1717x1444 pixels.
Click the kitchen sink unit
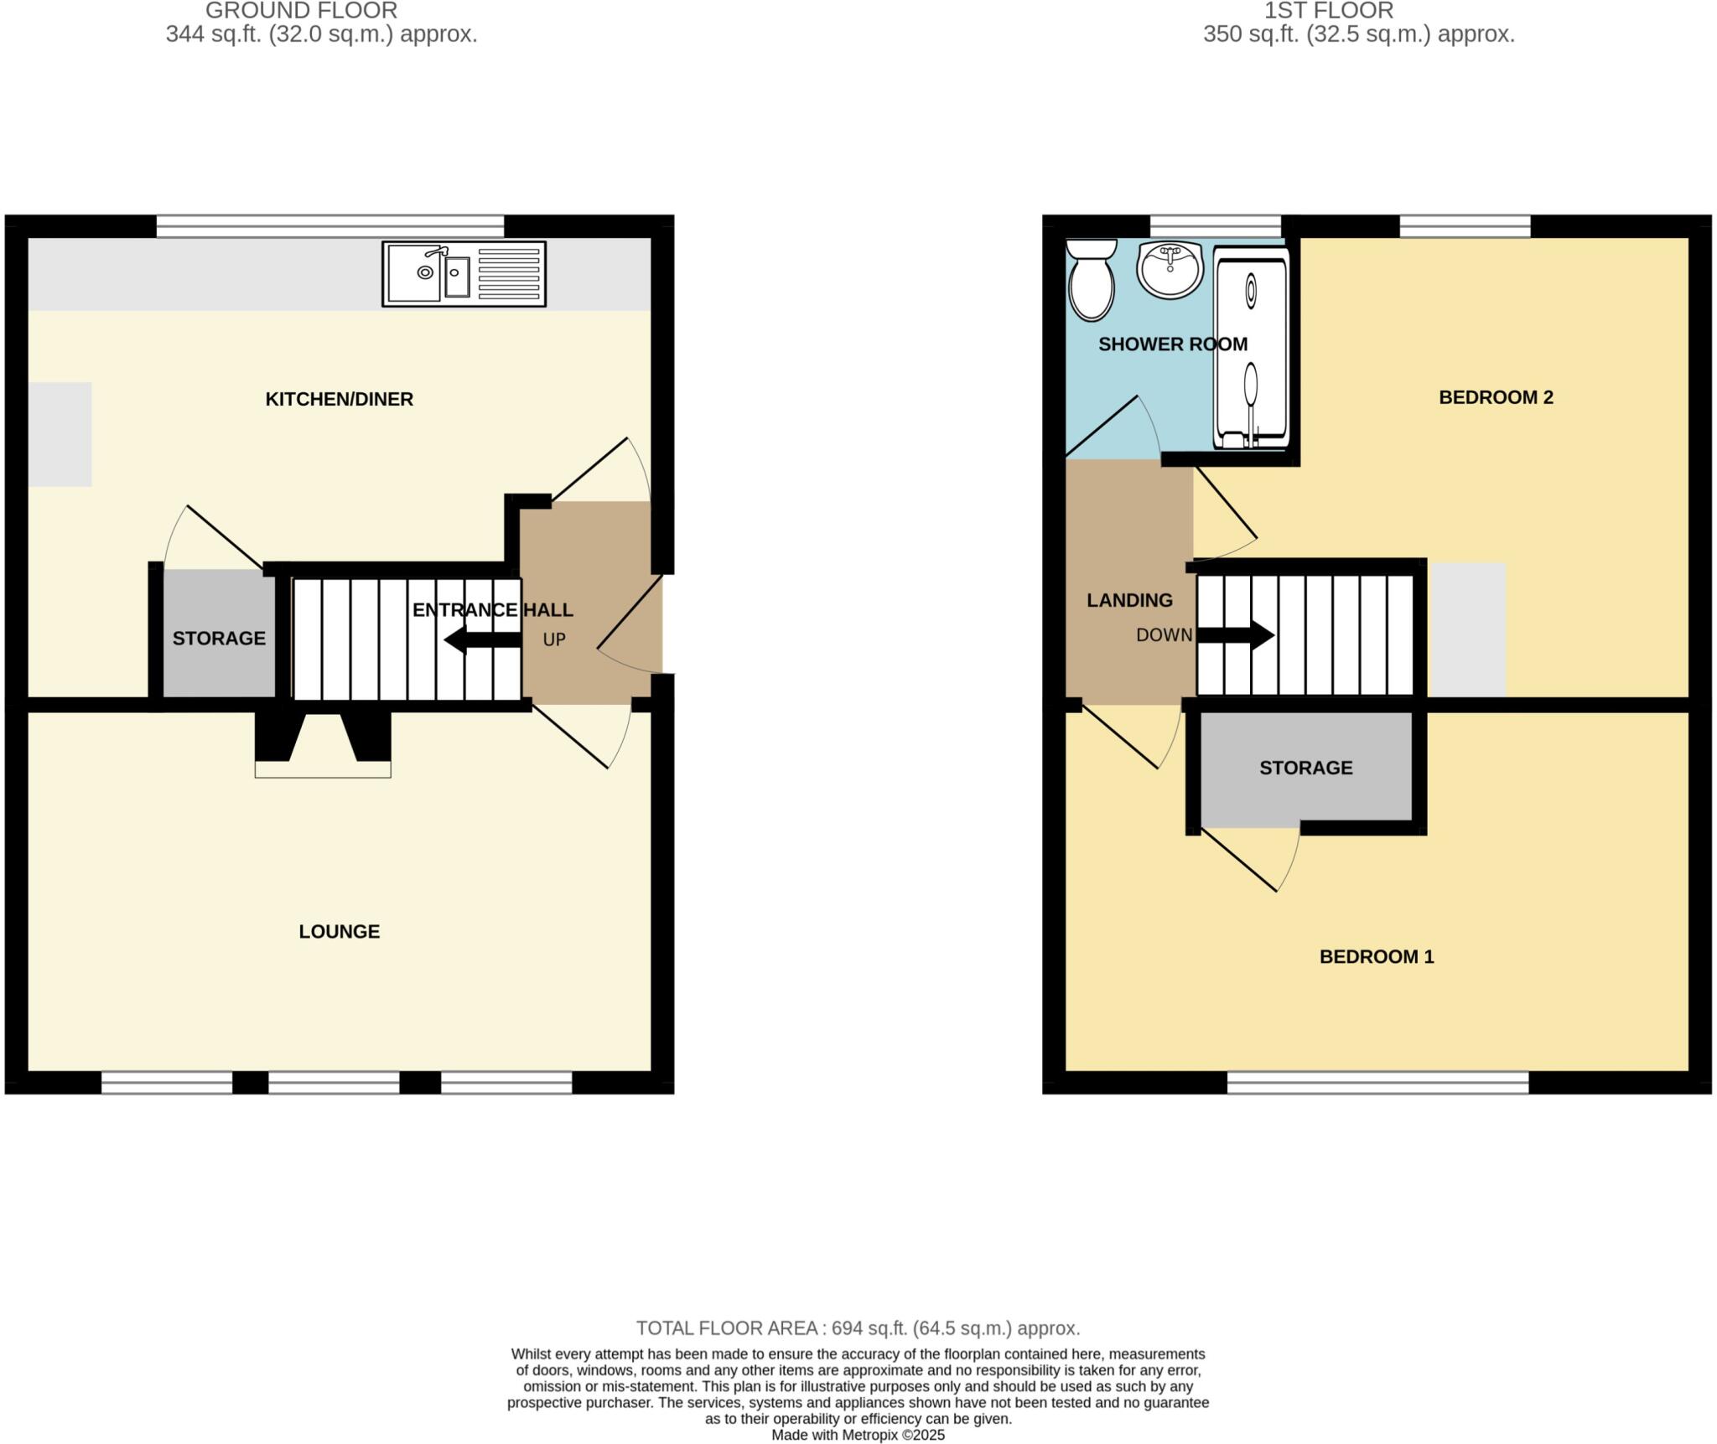point(464,274)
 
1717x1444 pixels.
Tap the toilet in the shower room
point(1091,280)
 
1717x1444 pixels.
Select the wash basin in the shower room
point(1170,270)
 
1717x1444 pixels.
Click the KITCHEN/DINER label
point(339,399)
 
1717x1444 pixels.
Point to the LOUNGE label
point(339,931)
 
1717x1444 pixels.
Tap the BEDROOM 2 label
point(1496,397)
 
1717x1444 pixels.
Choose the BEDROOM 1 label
point(1377,956)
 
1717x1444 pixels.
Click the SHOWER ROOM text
point(1172,344)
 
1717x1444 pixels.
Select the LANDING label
point(1129,600)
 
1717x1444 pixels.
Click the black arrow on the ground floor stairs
point(481,640)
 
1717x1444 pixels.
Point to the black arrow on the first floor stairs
point(1236,634)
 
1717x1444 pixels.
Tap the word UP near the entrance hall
point(554,640)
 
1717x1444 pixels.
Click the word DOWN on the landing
point(1164,635)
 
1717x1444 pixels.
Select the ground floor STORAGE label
point(219,639)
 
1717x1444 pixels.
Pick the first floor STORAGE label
point(1305,768)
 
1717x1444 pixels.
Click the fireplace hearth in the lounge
point(323,769)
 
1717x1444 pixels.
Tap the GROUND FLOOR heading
point(301,11)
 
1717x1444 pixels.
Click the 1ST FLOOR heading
point(1329,11)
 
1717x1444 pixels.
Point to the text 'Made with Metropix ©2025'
point(858,1435)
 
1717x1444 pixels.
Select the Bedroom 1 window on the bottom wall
point(1377,1083)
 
